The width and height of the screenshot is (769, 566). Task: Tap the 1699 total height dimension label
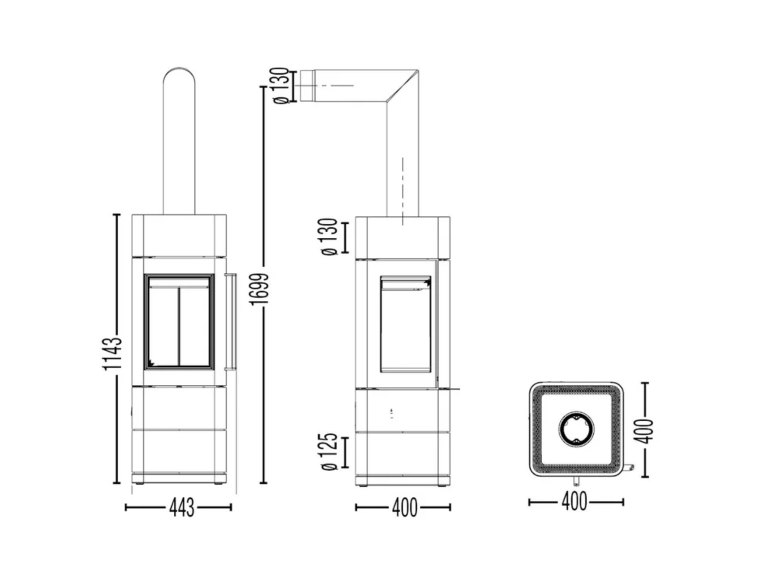click(259, 289)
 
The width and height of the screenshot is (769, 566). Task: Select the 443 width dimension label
click(181, 508)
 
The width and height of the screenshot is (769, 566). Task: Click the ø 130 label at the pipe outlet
click(281, 86)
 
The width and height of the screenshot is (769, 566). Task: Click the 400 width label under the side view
click(404, 508)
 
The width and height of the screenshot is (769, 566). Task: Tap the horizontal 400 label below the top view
click(574, 502)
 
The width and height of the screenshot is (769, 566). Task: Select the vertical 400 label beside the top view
click(643, 431)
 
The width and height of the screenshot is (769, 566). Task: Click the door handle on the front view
click(231, 321)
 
